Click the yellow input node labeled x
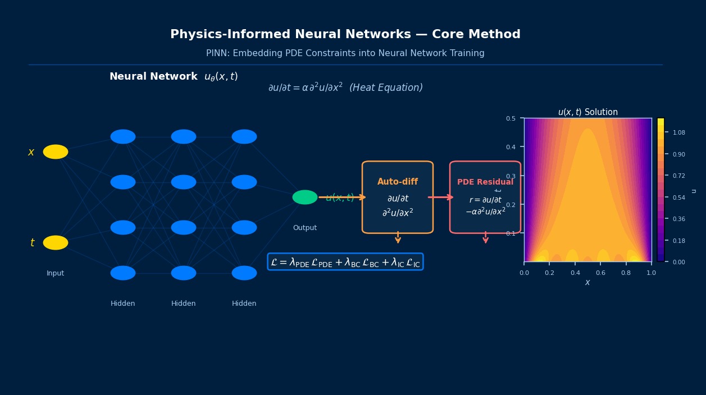tap(56, 152)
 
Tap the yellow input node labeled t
tap(56, 243)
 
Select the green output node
tap(305, 197)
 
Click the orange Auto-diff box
tap(398, 197)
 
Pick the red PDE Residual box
tap(485, 197)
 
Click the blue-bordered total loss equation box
tap(345, 262)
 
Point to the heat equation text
tap(345, 88)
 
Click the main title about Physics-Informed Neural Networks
tap(345, 35)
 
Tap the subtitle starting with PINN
tap(345, 53)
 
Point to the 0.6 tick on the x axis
tap(600, 273)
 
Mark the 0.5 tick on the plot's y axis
tap(511, 118)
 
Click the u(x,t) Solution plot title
tap(587, 112)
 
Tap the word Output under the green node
tap(305, 228)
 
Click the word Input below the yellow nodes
tap(56, 273)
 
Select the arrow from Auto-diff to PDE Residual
tap(441, 197)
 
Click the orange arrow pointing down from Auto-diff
tap(398, 238)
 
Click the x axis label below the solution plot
tap(587, 283)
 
